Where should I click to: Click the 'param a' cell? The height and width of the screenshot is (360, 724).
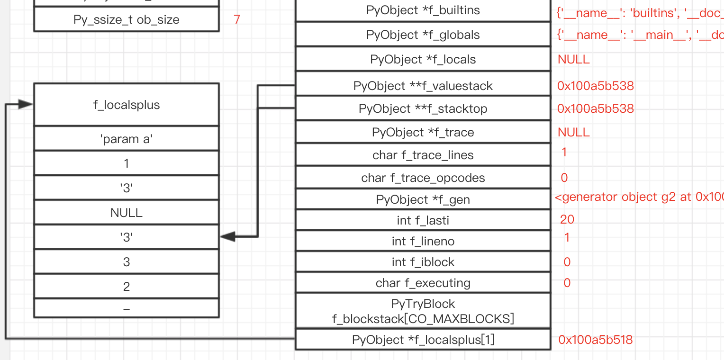coord(126,139)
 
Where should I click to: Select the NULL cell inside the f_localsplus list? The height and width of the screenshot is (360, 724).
coord(126,213)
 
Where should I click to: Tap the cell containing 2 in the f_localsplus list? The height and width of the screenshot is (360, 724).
coord(126,287)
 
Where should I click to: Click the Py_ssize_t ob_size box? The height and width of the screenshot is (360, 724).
coord(126,20)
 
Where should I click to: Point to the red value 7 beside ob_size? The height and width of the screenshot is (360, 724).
coord(237,20)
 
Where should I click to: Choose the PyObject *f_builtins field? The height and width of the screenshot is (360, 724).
coord(423,10)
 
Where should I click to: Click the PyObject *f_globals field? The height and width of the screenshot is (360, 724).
coord(423,35)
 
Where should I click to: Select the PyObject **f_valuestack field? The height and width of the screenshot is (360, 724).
coord(423,86)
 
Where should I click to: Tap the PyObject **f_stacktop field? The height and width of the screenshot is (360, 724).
coord(423,109)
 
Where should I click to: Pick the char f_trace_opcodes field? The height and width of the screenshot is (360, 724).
coord(423,178)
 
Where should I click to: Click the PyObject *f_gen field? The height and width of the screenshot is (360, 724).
coord(423,200)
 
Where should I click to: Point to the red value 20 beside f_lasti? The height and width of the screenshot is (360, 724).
coord(567,219)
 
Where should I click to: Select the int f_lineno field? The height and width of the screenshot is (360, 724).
coord(423,242)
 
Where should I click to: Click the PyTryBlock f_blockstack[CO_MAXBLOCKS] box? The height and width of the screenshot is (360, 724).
coord(423,311)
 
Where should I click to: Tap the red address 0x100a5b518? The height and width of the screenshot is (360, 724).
coord(595,340)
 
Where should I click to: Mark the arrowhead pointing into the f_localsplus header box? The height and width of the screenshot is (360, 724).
coord(26,105)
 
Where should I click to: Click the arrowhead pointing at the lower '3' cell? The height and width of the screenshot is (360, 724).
coord(228,236)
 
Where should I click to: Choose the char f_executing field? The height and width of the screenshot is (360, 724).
coord(423,283)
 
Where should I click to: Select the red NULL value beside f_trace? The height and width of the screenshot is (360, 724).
coord(573,132)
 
